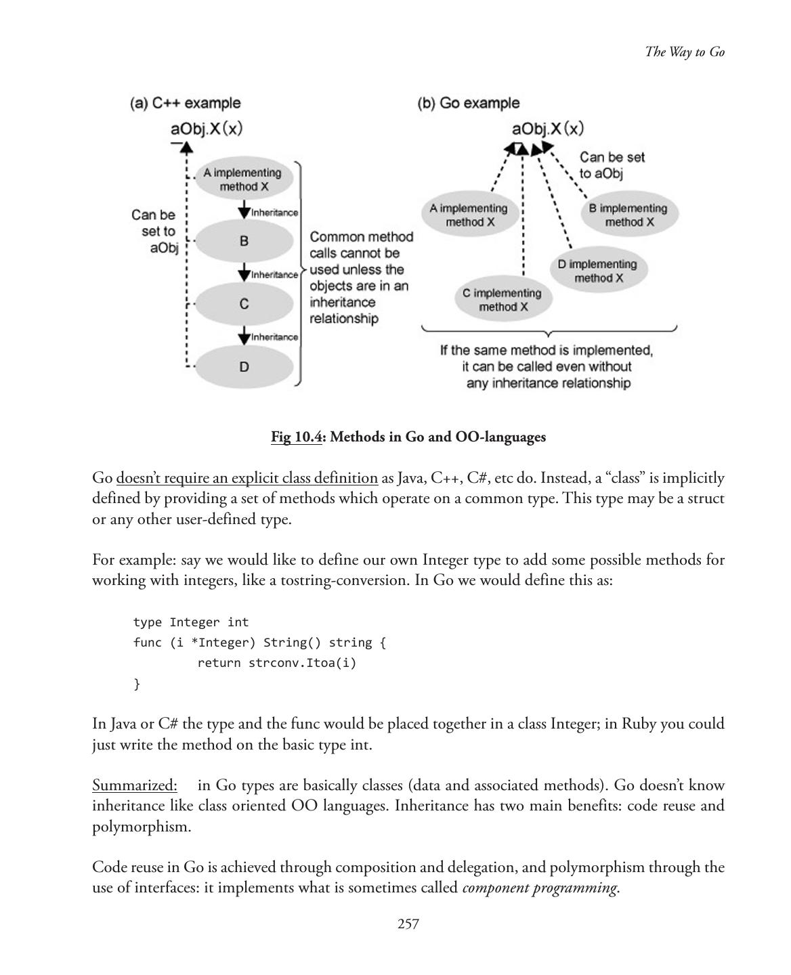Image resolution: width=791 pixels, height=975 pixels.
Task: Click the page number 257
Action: pyautogui.click(x=408, y=924)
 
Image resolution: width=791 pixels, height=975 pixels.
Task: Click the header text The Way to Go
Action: pyautogui.click(x=685, y=52)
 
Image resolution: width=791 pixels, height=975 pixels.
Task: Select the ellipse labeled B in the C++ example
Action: pyautogui.click(x=244, y=241)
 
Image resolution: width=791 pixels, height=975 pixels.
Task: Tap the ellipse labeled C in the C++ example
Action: pyautogui.click(x=244, y=304)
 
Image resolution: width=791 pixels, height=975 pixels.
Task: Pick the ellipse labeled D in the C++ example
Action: pyautogui.click(x=244, y=367)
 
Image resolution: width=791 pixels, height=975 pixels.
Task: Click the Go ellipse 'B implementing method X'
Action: pyautogui.click(x=629, y=215)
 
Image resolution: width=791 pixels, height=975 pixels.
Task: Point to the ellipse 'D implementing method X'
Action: pyautogui.click(x=597, y=271)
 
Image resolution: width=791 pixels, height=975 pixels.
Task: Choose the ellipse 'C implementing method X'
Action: pyautogui.click(x=502, y=300)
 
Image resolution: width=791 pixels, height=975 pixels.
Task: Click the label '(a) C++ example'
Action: pyautogui.click(x=185, y=103)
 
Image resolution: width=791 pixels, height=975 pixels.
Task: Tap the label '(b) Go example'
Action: pyautogui.click(x=469, y=103)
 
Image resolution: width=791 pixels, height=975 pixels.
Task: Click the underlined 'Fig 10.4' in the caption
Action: pyautogui.click(x=296, y=437)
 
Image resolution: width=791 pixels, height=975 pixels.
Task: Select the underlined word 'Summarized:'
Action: pyautogui.click(x=135, y=785)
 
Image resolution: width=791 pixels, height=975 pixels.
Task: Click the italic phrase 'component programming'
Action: pyautogui.click(x=539, y=888)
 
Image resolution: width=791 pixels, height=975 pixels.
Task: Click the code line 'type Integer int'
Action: pyautogui.click(x=191, y=622)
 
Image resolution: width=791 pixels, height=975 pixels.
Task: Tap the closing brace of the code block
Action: pyautogui.click(x=137, y=684)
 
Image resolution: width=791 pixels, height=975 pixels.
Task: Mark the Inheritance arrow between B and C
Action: pyautogui.click(x=244, y=274)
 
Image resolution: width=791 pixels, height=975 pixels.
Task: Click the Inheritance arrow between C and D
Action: pyautogui.click(x=244, y=336)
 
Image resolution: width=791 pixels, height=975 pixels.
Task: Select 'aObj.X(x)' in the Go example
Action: pyautogui.click(x=547, y=129)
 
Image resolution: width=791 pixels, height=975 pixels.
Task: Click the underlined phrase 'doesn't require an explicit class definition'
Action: pyautogui.click(x=247, y=478)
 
